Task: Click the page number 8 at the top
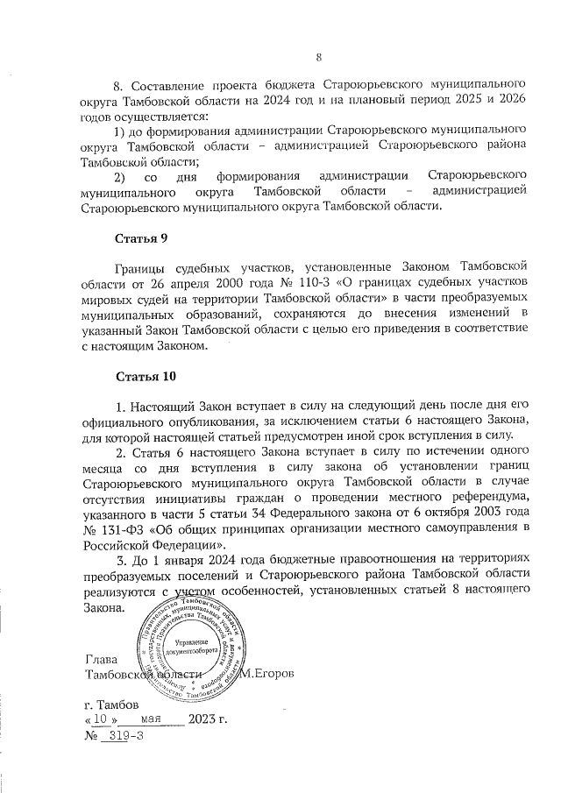(320, 58)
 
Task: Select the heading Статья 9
(141, 238)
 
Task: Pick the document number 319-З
(115, 736)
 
